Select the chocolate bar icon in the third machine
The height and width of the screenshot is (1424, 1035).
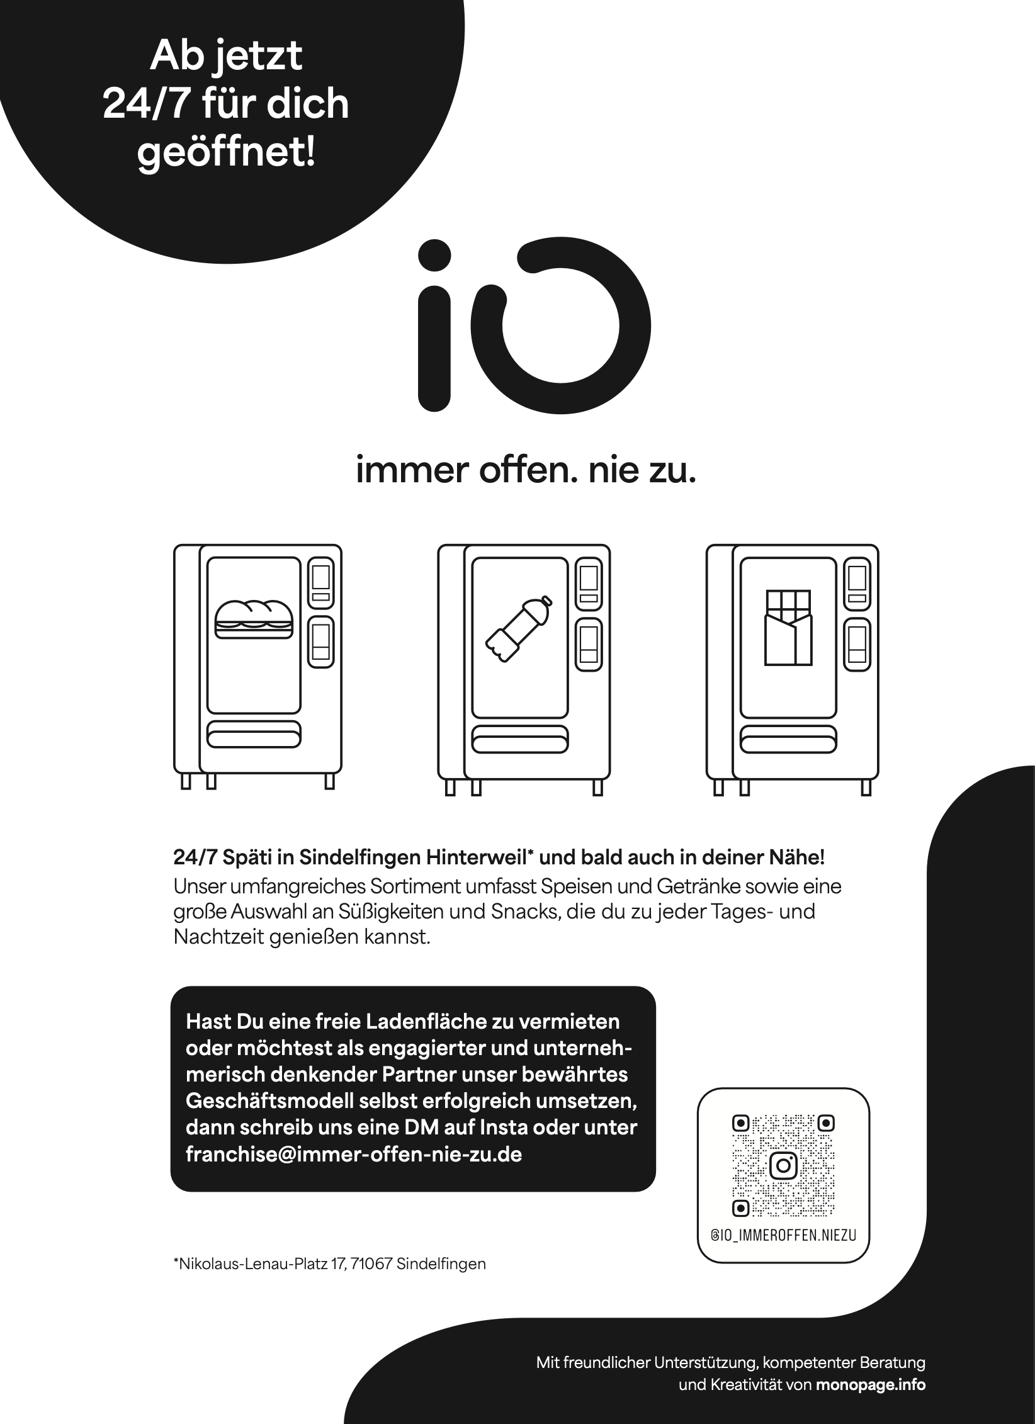tap(788, 627)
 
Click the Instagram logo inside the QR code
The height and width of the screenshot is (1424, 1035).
tap(784, 1165)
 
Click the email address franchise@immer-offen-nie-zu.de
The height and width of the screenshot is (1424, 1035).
tap(354, 1155)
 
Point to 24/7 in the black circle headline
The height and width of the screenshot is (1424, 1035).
tap(145, 104)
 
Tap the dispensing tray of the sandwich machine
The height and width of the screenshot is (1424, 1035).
tap(254, 734)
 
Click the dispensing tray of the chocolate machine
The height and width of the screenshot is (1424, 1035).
tap(789, 739)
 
